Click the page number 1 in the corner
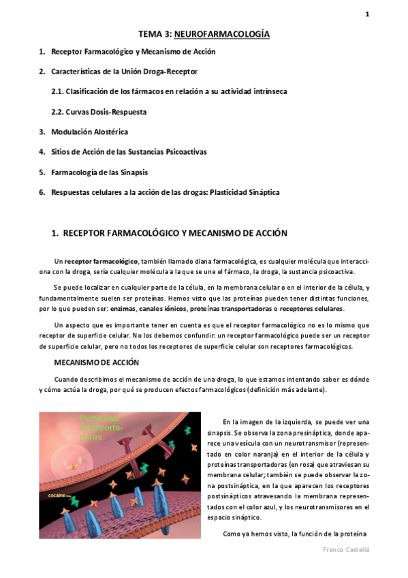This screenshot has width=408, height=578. click(367, 14)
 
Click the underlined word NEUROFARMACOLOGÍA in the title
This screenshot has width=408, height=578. click(222, 33)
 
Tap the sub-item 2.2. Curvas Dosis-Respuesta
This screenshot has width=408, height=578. click(99, 111)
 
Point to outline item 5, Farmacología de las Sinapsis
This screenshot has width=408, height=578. click(99, 172)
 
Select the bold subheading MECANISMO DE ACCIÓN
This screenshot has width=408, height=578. click(96, 363)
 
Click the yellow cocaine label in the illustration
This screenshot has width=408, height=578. click(56, 496)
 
